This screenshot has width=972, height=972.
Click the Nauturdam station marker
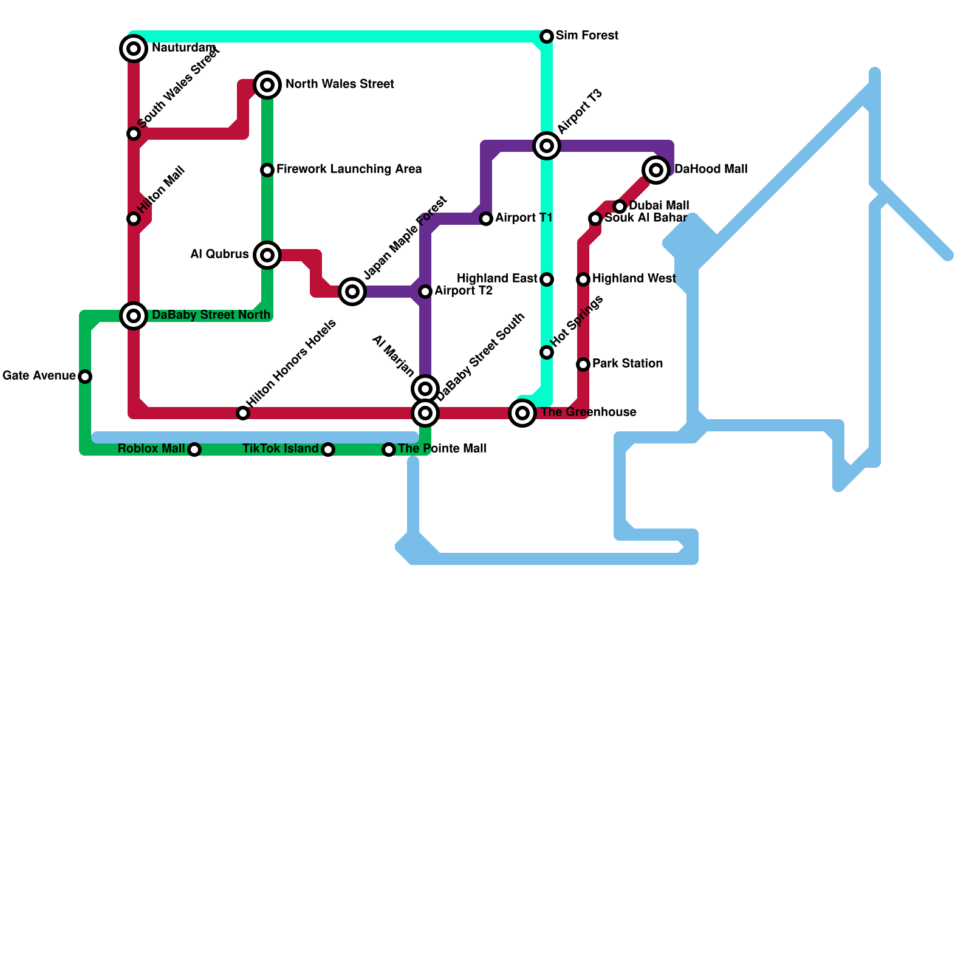(134, 49)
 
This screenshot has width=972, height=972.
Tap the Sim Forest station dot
(547, 36)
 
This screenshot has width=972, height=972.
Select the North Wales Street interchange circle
(267, 85)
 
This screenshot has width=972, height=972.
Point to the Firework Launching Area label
(349, 169)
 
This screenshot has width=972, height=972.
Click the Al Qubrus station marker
(267, 255)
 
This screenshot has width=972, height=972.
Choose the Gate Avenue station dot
(85, 377)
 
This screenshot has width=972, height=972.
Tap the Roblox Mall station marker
(194, 450)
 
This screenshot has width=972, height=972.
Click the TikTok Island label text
(280, 449)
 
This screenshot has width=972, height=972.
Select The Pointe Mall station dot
(389, 450)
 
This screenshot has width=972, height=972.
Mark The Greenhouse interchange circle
(522, 413)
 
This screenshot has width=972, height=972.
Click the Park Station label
(627, 364)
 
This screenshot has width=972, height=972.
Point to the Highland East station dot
(547, 279)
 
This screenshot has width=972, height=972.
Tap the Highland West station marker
(583, 279)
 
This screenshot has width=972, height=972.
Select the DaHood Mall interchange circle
(656, 170)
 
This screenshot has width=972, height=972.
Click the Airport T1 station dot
(486, 219)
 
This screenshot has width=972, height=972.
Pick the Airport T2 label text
(464, 291)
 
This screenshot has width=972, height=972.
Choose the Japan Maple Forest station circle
(352, 292)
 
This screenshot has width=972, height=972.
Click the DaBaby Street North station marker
(134, 316)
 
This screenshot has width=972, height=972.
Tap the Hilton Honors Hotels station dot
(243, 413)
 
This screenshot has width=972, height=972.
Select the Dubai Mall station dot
(620, 207)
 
